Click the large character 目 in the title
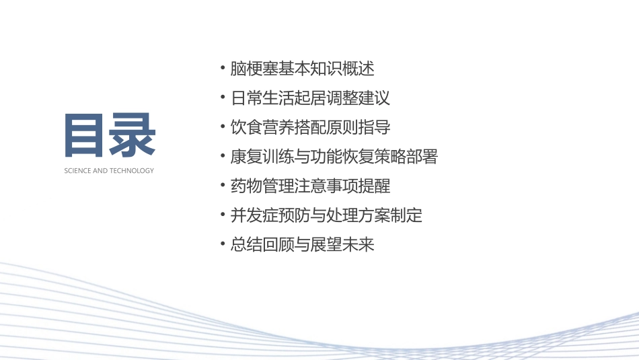click(86, 135)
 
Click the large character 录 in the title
click(133, 135)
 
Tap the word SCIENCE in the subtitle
click(77, 171)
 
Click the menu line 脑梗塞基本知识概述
click(302, 69)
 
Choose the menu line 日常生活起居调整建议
click(310, 98)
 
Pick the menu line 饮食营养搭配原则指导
click(310, 127)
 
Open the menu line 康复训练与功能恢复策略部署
click(334, 157)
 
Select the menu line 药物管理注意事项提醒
click(310, 186)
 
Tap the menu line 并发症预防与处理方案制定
click(326, 215)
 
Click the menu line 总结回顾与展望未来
click(302, 244)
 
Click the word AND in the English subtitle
click(100, 171)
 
